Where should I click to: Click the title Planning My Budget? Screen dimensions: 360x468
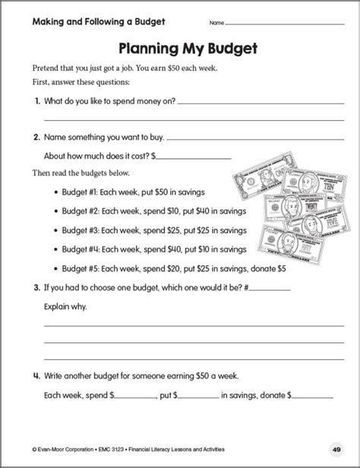point(180,48)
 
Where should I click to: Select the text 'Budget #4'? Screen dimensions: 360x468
point(85,248)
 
